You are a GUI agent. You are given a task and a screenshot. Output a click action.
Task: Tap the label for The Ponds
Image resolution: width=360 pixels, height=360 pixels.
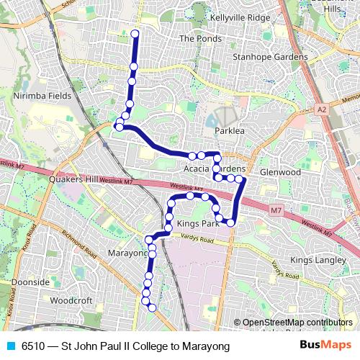[197, 38]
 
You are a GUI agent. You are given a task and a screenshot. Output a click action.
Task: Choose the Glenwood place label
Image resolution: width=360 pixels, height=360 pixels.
[280, 172]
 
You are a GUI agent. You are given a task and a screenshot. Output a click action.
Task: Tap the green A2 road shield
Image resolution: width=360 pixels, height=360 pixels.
[320, 109]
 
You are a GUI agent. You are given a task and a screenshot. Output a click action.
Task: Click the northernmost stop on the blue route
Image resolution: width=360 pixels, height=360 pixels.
[135, 33]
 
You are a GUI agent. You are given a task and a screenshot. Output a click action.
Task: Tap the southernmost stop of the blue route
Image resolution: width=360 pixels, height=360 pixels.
[152, 308]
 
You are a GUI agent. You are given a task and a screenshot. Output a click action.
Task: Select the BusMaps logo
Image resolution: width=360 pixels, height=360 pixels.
[325, 346]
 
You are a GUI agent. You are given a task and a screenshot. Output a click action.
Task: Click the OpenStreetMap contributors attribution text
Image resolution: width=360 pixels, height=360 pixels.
[297, 323]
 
